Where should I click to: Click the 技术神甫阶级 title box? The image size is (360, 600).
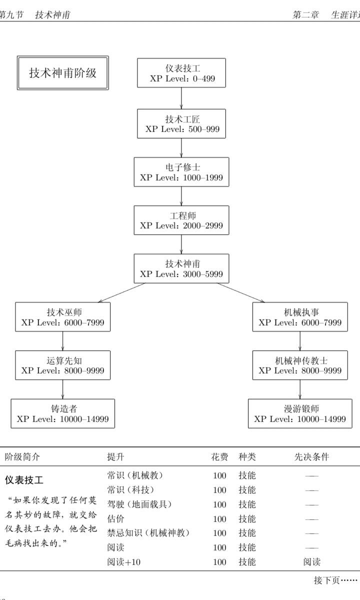pos(62,73)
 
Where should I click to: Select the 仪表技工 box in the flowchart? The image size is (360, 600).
pos(181,73)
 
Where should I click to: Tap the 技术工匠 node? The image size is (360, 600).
pos(181,124)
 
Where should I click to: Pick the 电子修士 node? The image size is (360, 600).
pos(181,172)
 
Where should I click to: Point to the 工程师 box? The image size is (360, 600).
pos(181,220)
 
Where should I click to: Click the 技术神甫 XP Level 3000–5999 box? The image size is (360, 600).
pos(181,268)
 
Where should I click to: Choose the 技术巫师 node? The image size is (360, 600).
pos(63,316)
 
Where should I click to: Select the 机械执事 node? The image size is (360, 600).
pos(300,316)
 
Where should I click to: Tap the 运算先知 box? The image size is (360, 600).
pos(63,365)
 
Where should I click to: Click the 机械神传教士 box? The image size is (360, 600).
pos(300,365)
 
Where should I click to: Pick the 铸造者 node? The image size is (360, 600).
pos(63,413)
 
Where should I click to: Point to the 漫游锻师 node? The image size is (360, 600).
pos(300,413)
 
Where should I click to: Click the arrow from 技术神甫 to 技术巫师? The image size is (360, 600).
pos(122,292)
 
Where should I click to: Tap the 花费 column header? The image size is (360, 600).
pos(219,456)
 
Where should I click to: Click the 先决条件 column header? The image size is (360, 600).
pos(311,456)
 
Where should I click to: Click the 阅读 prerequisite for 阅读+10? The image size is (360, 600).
pos(311,562)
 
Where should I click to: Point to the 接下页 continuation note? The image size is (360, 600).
pos(335,580)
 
